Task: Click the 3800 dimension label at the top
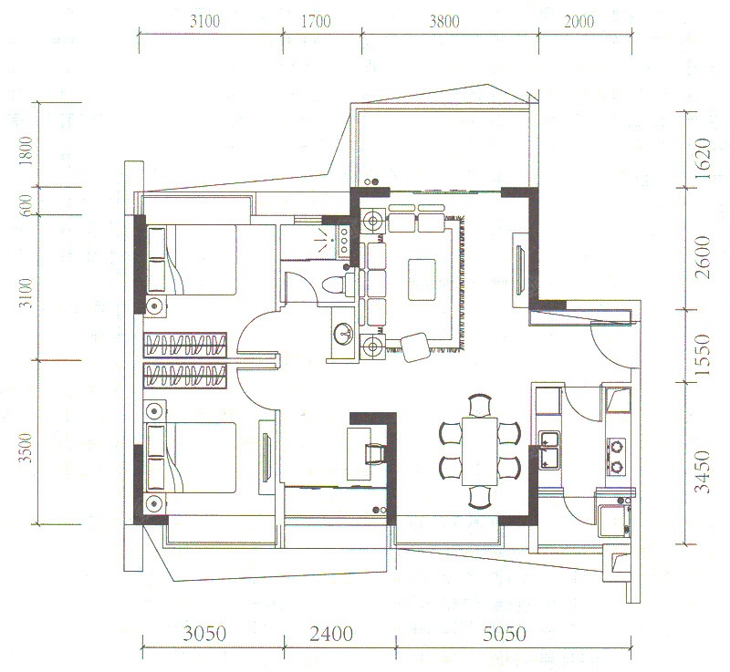444,21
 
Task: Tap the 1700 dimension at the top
316,21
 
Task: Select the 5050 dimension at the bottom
505,634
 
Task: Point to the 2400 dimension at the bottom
331,634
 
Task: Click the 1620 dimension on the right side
703,159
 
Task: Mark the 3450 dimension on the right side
703,471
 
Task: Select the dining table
480,451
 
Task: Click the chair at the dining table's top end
480,405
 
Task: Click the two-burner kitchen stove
618,456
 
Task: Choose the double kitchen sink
549,450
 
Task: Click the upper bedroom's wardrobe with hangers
185,345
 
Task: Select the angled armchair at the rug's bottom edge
416,346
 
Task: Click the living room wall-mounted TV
520,270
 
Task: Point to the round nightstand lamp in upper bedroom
154,305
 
